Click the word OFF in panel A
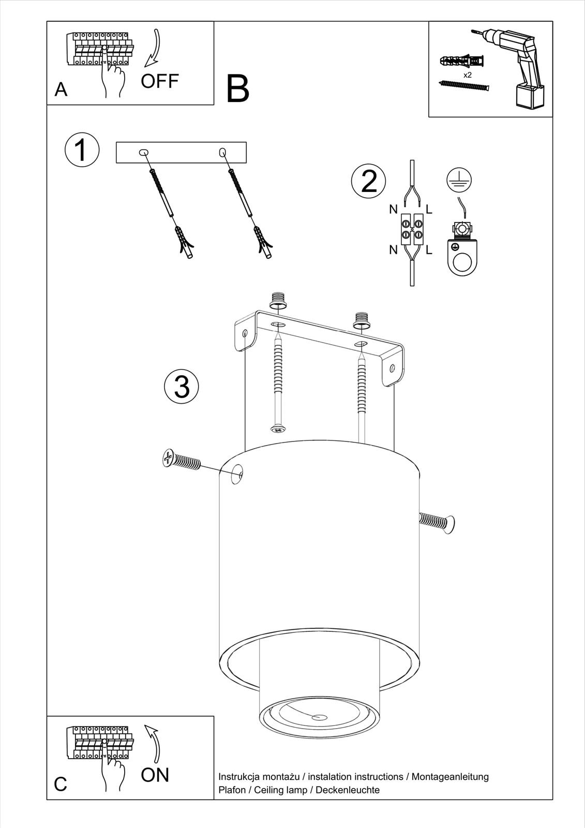click(x=160, y=81)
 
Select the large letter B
click(x=237, y=88)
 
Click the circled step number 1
click(x=82, y=150)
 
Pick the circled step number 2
click(x=368, y=181)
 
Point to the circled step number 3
click(x=182, y=387)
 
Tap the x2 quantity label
click(x=468, y=75)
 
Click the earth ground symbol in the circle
click(x=459, y=179)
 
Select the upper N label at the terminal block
click(x=393, y=210)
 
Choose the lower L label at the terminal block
click(x=429, y=250)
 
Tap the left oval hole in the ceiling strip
click(x=144, y=152)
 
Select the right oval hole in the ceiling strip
click(x=222, y=152)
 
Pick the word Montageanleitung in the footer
click(x=450, y=777)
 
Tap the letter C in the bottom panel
click(x=61, y=783)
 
